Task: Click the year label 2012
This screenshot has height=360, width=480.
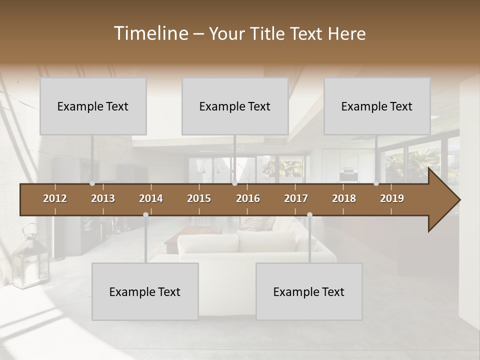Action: tap(55, 198)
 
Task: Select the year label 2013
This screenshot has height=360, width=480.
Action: tap(103, 198)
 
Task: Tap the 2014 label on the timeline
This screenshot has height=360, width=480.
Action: tap(151, 198)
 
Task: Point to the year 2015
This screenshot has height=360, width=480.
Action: tap(199, 198)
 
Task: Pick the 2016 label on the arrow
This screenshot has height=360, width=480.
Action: tap(248, 198)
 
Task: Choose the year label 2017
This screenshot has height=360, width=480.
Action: tap(296, 198)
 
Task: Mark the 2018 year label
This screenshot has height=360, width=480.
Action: tap(344, 198)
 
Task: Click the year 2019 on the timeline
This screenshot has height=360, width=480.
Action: tap(392, 198)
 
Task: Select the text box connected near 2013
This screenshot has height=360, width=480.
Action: tap(93, 106)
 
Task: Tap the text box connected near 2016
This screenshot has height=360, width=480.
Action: tap(235, 106)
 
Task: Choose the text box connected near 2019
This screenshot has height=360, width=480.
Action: tap(377, 106)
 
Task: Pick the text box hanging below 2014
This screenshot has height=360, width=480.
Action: tap(145, 291)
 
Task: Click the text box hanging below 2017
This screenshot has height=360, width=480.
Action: tap(309, 291)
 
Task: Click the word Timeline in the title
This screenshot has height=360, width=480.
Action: tap(150, 33)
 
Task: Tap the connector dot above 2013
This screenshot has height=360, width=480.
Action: tap(92, 183)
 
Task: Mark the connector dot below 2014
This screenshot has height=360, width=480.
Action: tap(145, 214)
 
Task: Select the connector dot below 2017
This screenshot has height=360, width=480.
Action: tap(309, 214)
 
